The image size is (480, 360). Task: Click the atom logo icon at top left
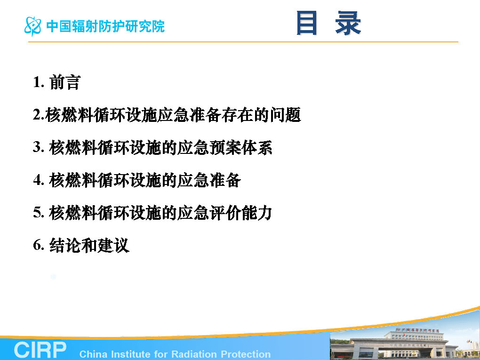coord(33,26)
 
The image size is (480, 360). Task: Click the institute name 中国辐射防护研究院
coord(105,26)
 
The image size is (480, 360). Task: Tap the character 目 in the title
coord(306,23)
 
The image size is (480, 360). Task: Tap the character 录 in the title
coord(348,23)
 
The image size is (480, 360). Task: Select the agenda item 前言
coord(65,82)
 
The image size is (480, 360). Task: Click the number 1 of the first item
coord(38,82)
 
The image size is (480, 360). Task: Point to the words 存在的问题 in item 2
coord(261,115)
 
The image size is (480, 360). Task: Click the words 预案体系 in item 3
coord(241,147)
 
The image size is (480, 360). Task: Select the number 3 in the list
coord(38,147)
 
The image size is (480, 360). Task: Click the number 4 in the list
coord(38,180)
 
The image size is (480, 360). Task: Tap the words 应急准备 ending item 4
coord(209,180)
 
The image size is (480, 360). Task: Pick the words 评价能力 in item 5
coord(241,213)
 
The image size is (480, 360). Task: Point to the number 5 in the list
coord(38,212)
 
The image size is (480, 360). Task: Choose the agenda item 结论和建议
coord(89,246)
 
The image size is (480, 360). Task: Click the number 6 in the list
coord(38,245)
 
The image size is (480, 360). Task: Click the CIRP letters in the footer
coord(40,350)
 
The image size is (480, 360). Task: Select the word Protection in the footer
coord(246,354)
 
